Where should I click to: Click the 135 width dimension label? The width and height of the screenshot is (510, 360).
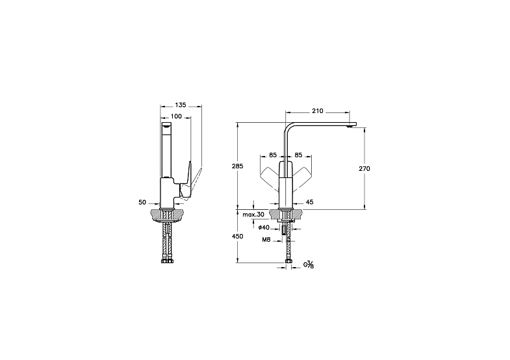181,105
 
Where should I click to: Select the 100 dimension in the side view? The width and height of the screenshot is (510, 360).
176,116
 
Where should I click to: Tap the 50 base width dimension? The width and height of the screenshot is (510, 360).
142,202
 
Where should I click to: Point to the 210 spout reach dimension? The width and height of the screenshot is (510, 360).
318,111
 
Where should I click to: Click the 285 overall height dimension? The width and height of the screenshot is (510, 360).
237,166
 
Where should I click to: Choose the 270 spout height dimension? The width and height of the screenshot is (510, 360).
364,169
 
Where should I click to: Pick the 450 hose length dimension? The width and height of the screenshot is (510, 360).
237,237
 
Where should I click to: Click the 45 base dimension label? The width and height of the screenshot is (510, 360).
310,202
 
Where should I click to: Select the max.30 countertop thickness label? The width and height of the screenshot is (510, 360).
253,214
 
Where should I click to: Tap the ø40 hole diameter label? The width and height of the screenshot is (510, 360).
264,227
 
